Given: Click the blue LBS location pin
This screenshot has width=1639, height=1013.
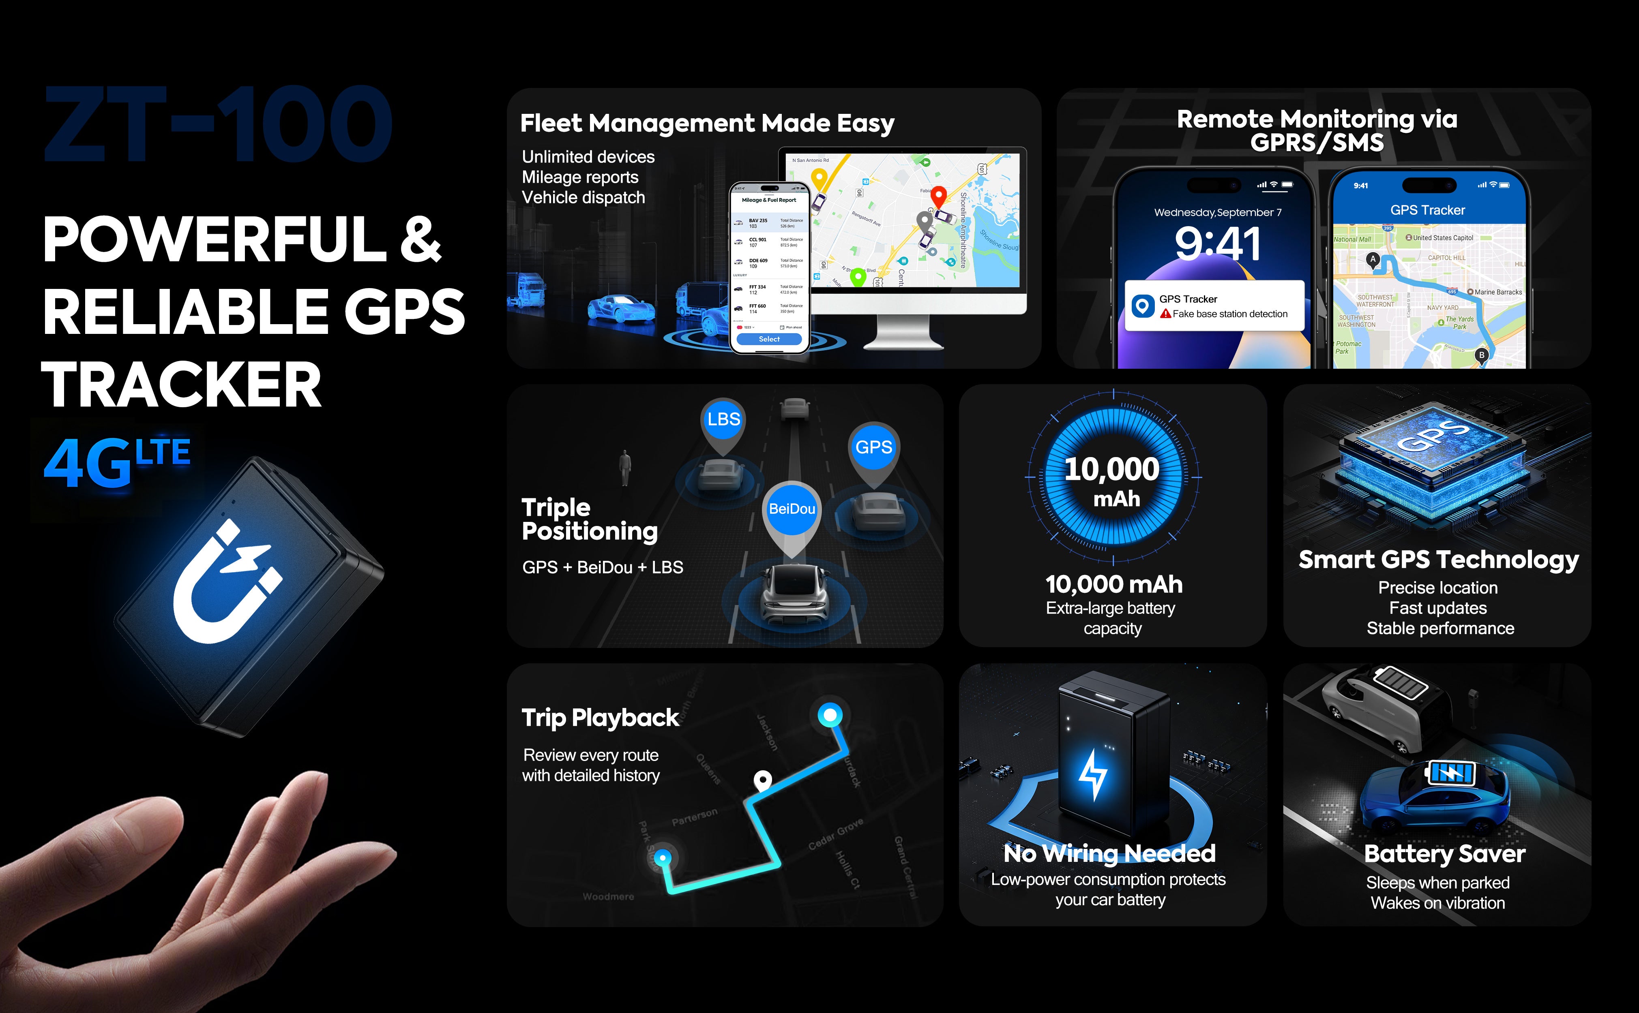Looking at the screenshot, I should (723, 420).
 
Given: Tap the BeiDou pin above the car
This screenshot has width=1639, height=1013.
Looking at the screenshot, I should (792, 510).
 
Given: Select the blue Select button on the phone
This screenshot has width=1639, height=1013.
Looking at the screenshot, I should (769, 339).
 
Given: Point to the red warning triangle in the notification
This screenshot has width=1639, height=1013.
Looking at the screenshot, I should (1166, 314).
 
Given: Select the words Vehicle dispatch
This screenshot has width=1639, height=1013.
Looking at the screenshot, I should (583, 198).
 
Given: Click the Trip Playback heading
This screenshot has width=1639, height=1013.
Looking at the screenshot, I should (600, 718).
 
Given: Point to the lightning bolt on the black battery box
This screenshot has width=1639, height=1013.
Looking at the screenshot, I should (1093, 774).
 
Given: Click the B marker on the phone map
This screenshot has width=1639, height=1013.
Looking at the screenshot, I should (1482, 355).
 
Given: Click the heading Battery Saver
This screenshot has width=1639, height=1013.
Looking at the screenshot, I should (1445, 853).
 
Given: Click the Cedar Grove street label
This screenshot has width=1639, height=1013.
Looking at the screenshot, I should (835, 835).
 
